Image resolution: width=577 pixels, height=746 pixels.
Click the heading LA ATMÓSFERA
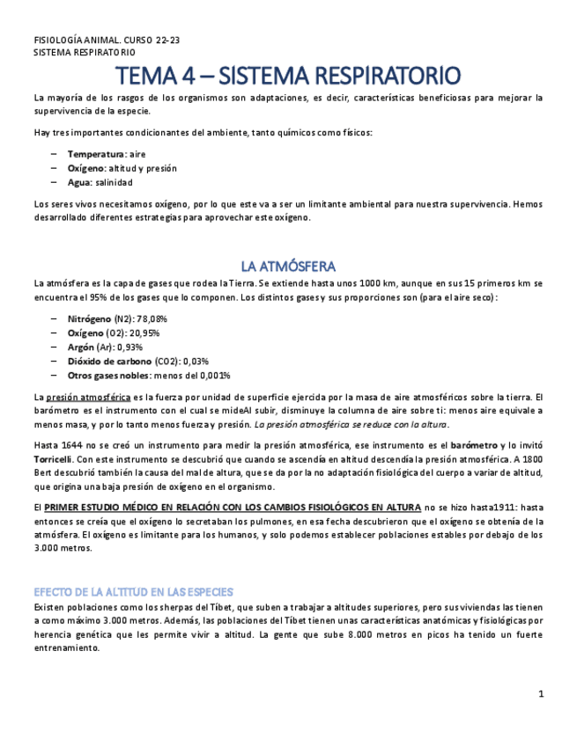(288, 266)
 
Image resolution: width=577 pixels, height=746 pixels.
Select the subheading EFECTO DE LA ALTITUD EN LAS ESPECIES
(133, 591)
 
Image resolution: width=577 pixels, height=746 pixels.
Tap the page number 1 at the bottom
(541, 694)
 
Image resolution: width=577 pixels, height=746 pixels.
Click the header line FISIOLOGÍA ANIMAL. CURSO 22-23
(107, 40)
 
